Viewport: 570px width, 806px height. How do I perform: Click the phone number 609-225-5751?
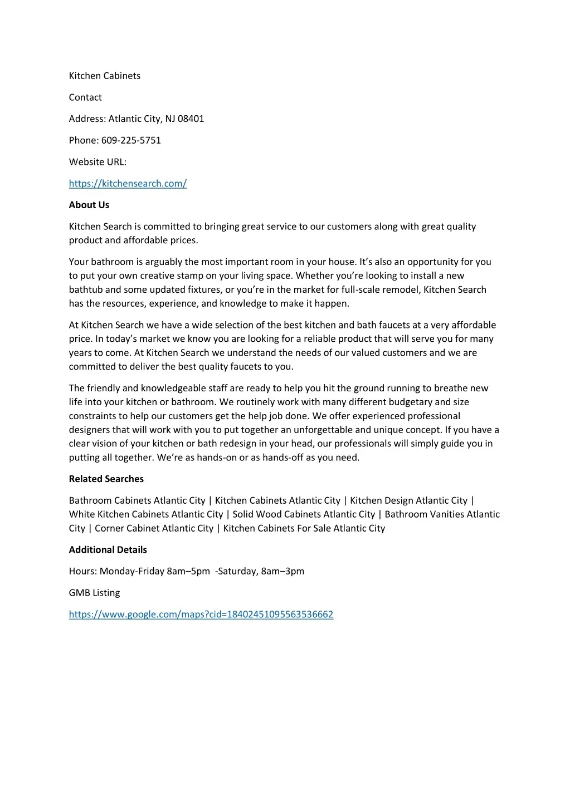pyautogui.click(x=131, y=140)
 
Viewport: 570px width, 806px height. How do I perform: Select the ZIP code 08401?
pyautogui.click(x=191, y=119)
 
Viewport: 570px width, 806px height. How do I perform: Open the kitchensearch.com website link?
pyautogui.click(x=128, y=184)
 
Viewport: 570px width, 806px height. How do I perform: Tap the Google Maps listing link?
pyautogui.click(x=201, y=615)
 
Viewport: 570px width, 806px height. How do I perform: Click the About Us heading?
pyautogui.click(x=89, y=205)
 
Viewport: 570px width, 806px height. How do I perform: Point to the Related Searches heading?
pyautogui.click(x=106, y=479)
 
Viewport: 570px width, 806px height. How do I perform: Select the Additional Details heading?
pyautogui.click(x=108, y=550)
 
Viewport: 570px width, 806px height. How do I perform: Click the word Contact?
pyautogui.click(x=85, y=97)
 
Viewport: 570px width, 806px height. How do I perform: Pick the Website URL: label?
pyautogui.click(x=98, y=162)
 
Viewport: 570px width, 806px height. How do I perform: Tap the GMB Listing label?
pyautogui.click(x=94, y=593)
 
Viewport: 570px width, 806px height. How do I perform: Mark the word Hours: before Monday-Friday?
pyautogui.click(x=83, y=571)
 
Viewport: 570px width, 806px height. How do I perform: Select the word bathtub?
pyautogui.click(x=86, y=289)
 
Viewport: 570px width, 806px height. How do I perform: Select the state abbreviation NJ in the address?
pyautogui.click(x=170, y=119)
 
